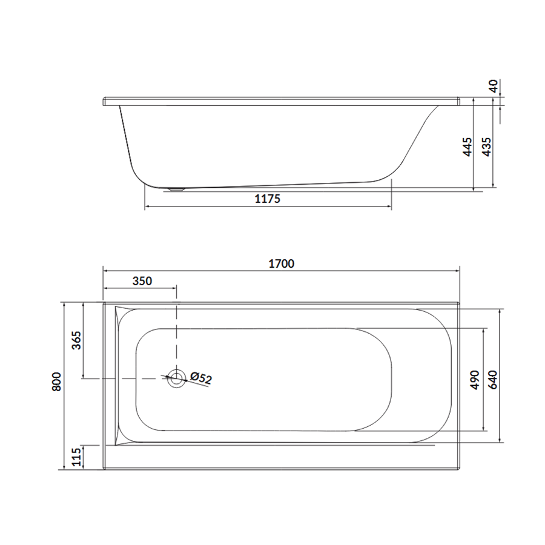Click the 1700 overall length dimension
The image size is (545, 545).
pos(282,264)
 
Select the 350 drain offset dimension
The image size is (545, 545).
pos(142,281)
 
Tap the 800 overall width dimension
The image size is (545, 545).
pos(57,381)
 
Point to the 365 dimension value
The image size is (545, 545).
pos(76,340)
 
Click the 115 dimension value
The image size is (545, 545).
pos(76,457)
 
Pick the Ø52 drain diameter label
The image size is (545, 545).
pos(201,378)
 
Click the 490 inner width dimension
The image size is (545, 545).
pos(475,380)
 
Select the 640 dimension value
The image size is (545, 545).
pos(493,380)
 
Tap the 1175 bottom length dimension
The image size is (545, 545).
pos(267,199)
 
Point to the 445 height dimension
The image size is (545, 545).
pos(468,147)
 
